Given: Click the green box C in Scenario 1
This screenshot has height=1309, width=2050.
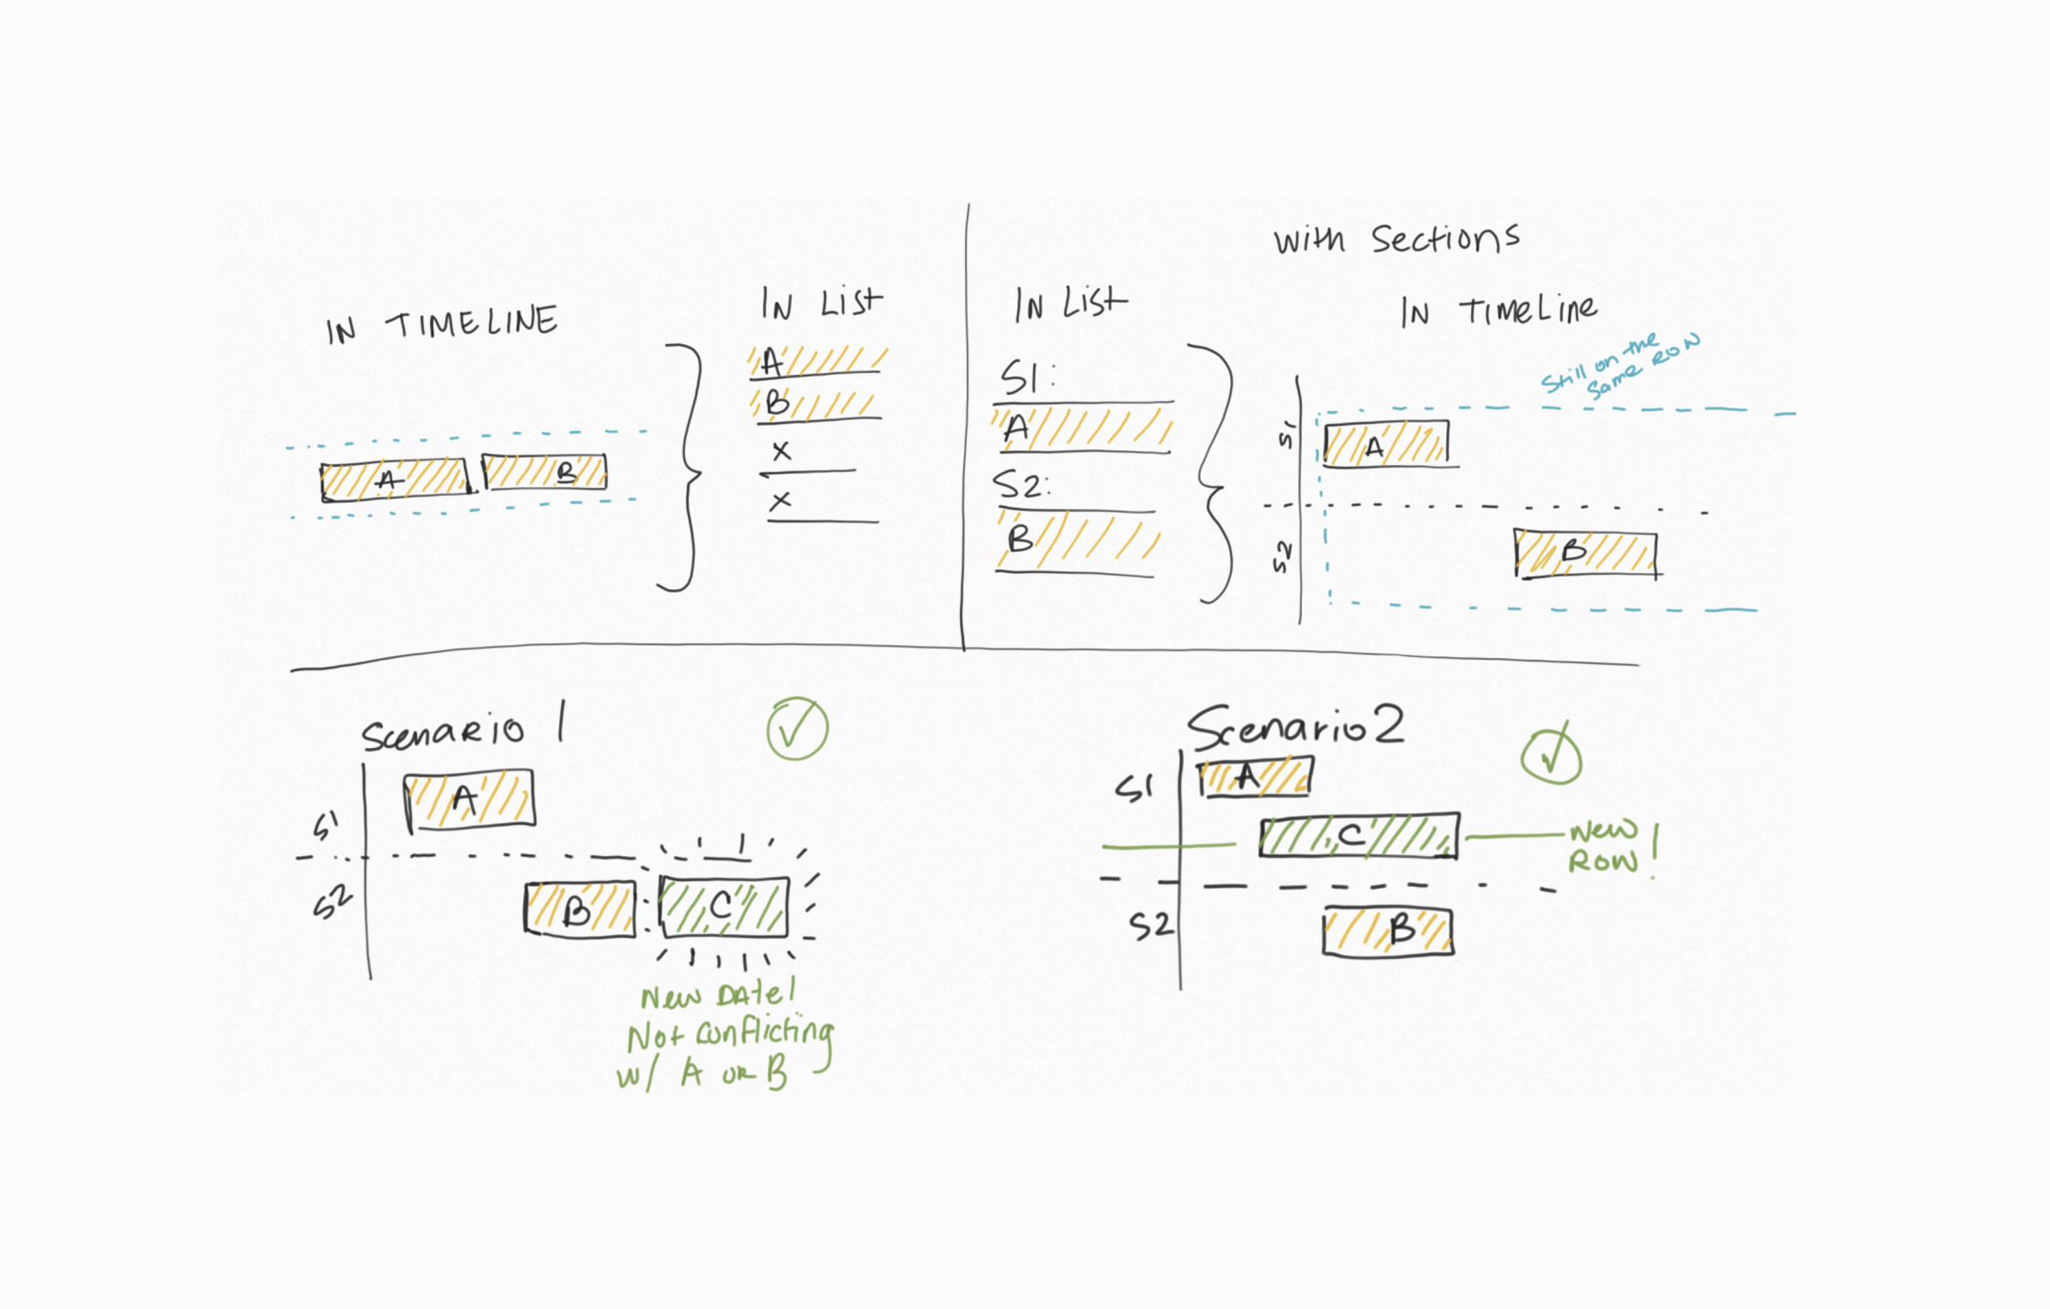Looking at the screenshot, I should (724, 906).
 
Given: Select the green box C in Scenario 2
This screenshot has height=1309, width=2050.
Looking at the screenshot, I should (1359, 835).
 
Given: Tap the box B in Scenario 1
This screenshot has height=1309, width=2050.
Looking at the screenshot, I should (580, 909).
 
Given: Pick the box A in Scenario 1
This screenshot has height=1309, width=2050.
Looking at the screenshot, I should (470, 799).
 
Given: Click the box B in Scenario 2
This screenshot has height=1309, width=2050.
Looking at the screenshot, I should (1388, 932).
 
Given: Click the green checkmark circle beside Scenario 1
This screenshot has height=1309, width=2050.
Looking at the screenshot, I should (797, 729).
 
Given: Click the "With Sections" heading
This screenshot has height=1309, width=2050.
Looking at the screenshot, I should (1396, 239).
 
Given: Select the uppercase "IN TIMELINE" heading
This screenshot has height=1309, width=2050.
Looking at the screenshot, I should (442, 324).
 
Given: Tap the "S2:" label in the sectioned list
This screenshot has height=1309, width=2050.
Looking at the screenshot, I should (1021, 486).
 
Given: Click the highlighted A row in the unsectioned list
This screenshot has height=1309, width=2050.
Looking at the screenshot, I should (817, 362).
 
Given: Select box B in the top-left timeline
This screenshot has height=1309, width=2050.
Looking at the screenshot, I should (545, 472).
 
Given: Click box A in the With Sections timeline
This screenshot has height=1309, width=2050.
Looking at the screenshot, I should (1386, 444).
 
